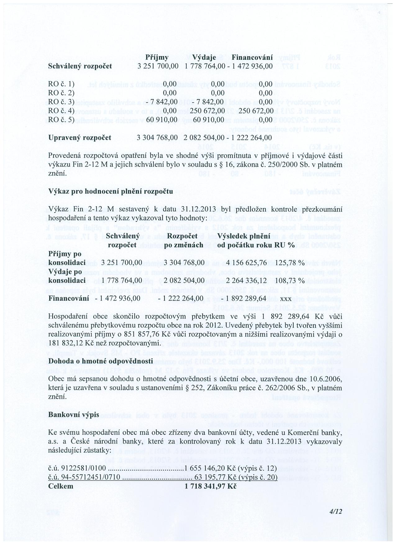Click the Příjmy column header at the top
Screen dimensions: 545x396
click(157, 58)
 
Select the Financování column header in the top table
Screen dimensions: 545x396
click(252, 58)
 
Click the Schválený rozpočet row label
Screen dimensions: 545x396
click(80, 66)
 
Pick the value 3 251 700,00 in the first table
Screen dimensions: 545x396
click(158, 66)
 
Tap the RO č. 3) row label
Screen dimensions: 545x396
click(61, 102)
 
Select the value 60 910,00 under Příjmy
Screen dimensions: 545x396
click(162, 120)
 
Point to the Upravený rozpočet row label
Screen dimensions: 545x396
click(80, 137)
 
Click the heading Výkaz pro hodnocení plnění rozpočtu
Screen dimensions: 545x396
click(111, 191)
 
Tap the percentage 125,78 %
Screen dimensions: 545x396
click(289, 263)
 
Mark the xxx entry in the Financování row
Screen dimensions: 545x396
click(285, 298)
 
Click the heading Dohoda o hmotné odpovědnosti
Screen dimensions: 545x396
click(101, 361)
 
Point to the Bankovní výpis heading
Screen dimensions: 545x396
click(74, 415)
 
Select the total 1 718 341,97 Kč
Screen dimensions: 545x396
click(211, 486)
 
